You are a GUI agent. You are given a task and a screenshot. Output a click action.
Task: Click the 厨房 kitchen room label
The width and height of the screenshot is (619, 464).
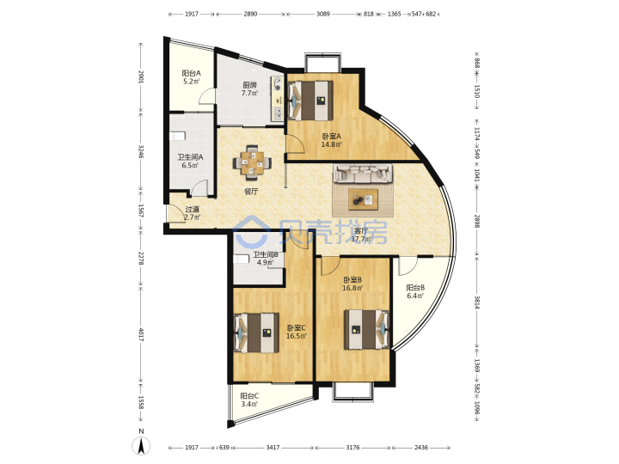(x=249, y=84)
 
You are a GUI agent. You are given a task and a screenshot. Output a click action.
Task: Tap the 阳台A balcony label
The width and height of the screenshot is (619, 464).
(x=191, y=73)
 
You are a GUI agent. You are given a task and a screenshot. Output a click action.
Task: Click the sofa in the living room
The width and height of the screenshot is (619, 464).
(x=363, y=174)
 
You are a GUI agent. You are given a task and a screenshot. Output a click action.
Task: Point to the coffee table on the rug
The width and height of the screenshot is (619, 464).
(x=363, y=199)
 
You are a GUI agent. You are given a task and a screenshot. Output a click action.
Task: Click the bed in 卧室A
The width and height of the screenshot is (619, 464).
(x=310, y=101)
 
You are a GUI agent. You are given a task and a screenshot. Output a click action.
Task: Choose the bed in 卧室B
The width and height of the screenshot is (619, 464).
(x=367, y=329)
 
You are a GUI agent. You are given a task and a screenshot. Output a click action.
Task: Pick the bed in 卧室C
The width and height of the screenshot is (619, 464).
(x=256, y=333)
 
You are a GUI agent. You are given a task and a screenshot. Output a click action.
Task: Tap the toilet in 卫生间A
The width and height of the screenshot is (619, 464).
(x=177, y=136)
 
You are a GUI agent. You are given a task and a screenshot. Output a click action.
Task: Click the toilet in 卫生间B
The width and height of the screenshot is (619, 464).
(x=242, y=259)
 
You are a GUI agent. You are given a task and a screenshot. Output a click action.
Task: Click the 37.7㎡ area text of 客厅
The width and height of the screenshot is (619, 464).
(x=361, y=239)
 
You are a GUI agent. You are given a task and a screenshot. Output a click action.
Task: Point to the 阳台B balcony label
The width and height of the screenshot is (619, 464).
(x=415, y=288)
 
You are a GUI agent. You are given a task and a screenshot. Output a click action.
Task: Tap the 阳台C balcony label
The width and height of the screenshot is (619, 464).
(x=249, y=396)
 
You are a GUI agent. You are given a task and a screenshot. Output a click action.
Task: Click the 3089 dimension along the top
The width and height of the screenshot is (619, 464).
(x=323, y=14)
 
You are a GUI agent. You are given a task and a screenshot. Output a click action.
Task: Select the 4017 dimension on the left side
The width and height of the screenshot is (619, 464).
(x=141, y=334)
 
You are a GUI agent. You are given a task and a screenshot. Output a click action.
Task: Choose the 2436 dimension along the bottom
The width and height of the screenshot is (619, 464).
(x=420, y=448)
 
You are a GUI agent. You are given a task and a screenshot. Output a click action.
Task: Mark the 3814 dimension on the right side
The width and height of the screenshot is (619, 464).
(x=477, y=302)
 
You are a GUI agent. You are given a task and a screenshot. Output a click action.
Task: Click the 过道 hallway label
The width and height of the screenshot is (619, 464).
(x=193, y=210)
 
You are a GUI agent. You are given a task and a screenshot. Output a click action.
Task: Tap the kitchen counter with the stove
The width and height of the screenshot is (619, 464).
(x=277, y=99)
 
